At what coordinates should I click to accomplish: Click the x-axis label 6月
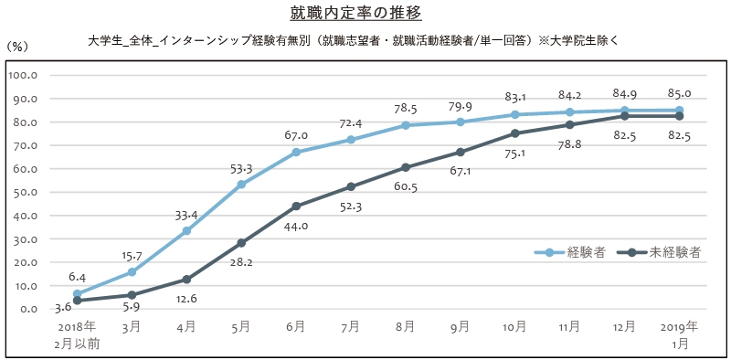(x=296, y=326)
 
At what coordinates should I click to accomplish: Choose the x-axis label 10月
(x=515, y=326)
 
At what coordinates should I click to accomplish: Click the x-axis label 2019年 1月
(x=679, y=334)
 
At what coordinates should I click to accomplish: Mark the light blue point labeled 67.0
(x=296, y=153)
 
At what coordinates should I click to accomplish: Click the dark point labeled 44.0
(x=296, y=206)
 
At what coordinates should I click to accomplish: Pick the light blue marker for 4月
(x=186, y=231)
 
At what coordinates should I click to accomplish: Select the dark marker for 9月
(x=461, y=152)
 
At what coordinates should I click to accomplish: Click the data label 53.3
(x=240, y=167)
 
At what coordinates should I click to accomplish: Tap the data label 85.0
(x=679, y=92)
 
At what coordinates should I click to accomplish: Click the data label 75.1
(x=515, y=154)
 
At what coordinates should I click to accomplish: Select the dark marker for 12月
(x=625, y=116)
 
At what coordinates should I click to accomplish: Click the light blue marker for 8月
(x=406, y=125)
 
